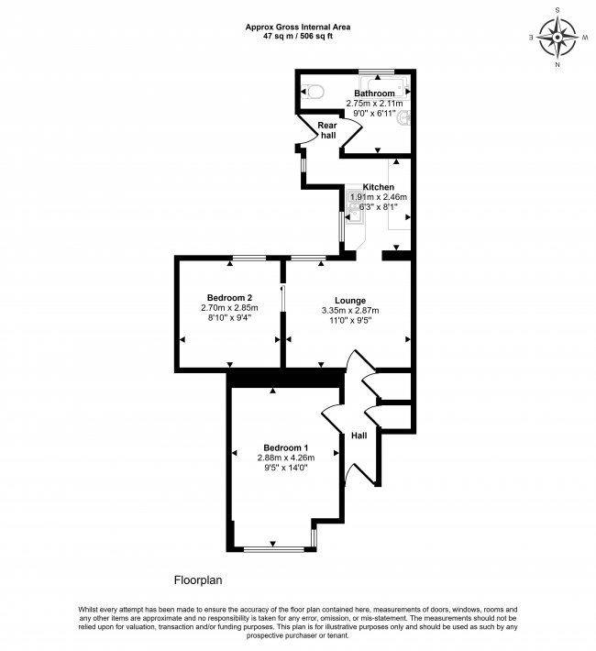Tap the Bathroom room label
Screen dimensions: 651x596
point(375,94)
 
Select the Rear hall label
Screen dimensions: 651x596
point(327,129)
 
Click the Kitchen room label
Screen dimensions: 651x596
point(379,186)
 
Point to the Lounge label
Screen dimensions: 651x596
point(350,300)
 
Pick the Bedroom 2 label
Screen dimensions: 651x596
point(229,297)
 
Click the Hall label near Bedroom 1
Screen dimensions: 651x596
point(359,436)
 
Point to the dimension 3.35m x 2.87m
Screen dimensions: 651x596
point(350,311)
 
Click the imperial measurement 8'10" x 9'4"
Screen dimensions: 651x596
point(229,318)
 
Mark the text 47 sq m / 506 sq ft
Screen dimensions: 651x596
point(298,38)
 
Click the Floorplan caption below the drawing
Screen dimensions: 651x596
point(199,580)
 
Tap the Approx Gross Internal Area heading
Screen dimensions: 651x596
point(298,27)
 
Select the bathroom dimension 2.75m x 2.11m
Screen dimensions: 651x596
point(375,104)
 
